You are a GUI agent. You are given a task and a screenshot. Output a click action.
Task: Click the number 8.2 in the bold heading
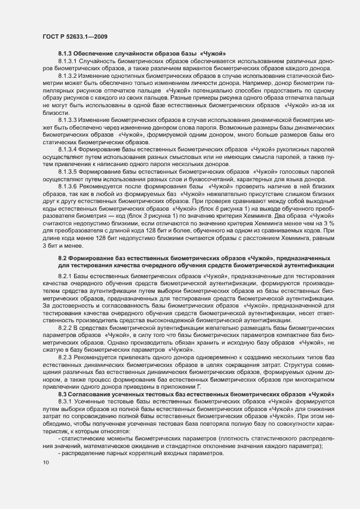(62, 257)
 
